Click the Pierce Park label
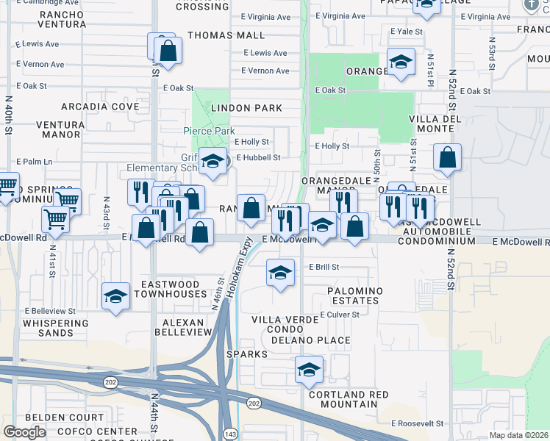(x=208, y=131)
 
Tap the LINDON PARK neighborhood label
(x=246, y=108)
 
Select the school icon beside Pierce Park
(x=213, y=162)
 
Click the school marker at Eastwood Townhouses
(x=116, y=295)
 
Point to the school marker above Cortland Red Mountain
(x=310, y=369)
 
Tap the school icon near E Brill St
(x=279, y=273)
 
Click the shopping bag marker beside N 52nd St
(x=447, y=157)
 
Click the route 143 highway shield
(x=230, y=433)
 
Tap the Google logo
(x=24, y=432)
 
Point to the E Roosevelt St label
(x=417, y=423)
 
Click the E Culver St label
(x=339, y=314)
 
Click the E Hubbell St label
(x=258, y=157)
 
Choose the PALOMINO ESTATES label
(x=355, y=296)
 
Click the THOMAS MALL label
(x=226, y=35)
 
